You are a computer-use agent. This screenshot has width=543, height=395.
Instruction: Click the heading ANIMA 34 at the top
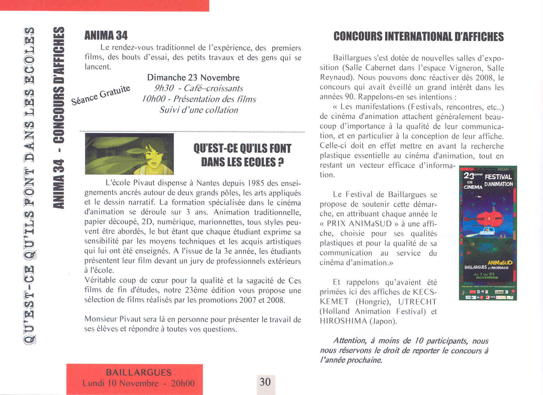tap(106, 35)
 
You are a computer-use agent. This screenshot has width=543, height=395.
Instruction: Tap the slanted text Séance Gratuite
tap(101, 95)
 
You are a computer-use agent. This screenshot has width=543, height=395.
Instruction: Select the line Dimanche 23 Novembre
tap(193, 78)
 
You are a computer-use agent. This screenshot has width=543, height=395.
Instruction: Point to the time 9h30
tap(164, 88)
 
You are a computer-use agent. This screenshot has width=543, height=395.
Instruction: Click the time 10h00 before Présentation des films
tap(154, 99)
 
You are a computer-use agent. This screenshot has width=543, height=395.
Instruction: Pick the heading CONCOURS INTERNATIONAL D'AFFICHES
tap(418, 37)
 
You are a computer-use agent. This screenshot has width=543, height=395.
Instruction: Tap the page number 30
tap(265, 382)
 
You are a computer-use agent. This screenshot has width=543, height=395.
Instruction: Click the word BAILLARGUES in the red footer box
tap(139, 373)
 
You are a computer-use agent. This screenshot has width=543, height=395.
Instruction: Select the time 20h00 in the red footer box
tap(183, 383)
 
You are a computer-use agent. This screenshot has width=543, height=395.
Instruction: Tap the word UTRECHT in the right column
tap(418, 302)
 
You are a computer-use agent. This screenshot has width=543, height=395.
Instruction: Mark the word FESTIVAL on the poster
tap(498, 177)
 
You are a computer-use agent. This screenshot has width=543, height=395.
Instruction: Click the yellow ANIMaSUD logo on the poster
tap(500, 263)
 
